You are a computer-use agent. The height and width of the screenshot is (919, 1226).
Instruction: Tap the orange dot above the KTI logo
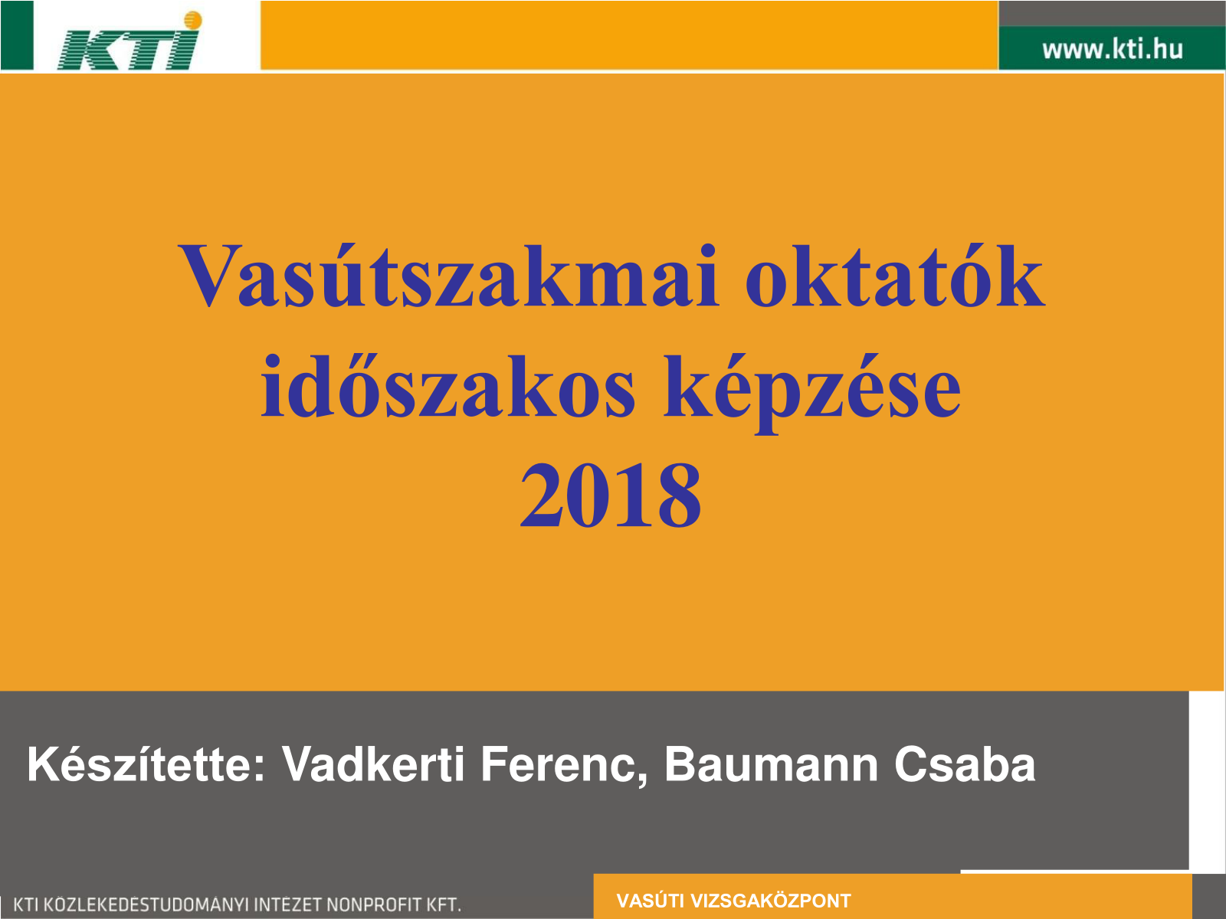click(x=192, y=20)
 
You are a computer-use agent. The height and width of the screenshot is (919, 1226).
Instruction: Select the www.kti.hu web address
click(x=1112, y=49)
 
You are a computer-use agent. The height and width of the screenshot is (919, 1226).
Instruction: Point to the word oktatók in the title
click(x=895, y=276)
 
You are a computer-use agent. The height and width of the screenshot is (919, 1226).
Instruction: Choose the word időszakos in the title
click(x=448, y=386)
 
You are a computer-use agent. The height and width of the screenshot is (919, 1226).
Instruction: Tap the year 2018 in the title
click(x=611, y=495)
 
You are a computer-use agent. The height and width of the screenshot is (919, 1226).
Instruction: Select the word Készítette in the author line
click(x=146, y=764)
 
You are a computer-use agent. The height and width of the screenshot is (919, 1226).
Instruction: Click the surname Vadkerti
click(x=372, y=764)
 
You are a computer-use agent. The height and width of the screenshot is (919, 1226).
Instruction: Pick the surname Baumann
click(x=772, y=765)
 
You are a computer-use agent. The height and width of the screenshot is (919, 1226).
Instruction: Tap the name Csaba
click(x=965, y=765)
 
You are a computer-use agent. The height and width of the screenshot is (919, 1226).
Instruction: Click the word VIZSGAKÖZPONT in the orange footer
click(x=771, y=901)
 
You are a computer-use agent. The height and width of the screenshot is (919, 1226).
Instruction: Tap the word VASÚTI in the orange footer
click(x=651, y=901)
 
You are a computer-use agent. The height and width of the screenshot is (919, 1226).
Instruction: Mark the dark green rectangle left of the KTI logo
click(x=17, y=35)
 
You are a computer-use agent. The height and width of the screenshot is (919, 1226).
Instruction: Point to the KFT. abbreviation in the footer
click(x=441, y=904)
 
